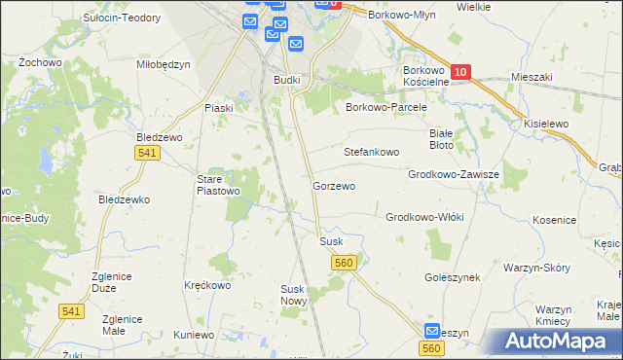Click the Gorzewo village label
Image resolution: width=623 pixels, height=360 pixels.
[334, 186]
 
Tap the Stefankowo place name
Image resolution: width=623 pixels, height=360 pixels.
[372, 153]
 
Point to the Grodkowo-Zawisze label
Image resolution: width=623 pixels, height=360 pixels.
[454, 175]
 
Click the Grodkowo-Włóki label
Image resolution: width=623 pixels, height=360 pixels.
[425, 217]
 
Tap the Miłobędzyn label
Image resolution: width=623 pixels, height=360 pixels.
[164, 65]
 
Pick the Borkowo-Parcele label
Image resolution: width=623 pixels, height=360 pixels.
[387, 108]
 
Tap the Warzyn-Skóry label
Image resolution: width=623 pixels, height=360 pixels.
[535, 267]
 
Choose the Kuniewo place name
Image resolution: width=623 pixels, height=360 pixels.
[194, 335]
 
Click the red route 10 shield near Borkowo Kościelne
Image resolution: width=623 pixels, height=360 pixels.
[461, 72]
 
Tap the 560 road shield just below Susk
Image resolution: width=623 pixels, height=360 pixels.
[343, 263]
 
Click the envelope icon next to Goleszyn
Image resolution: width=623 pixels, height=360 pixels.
[434, 332]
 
